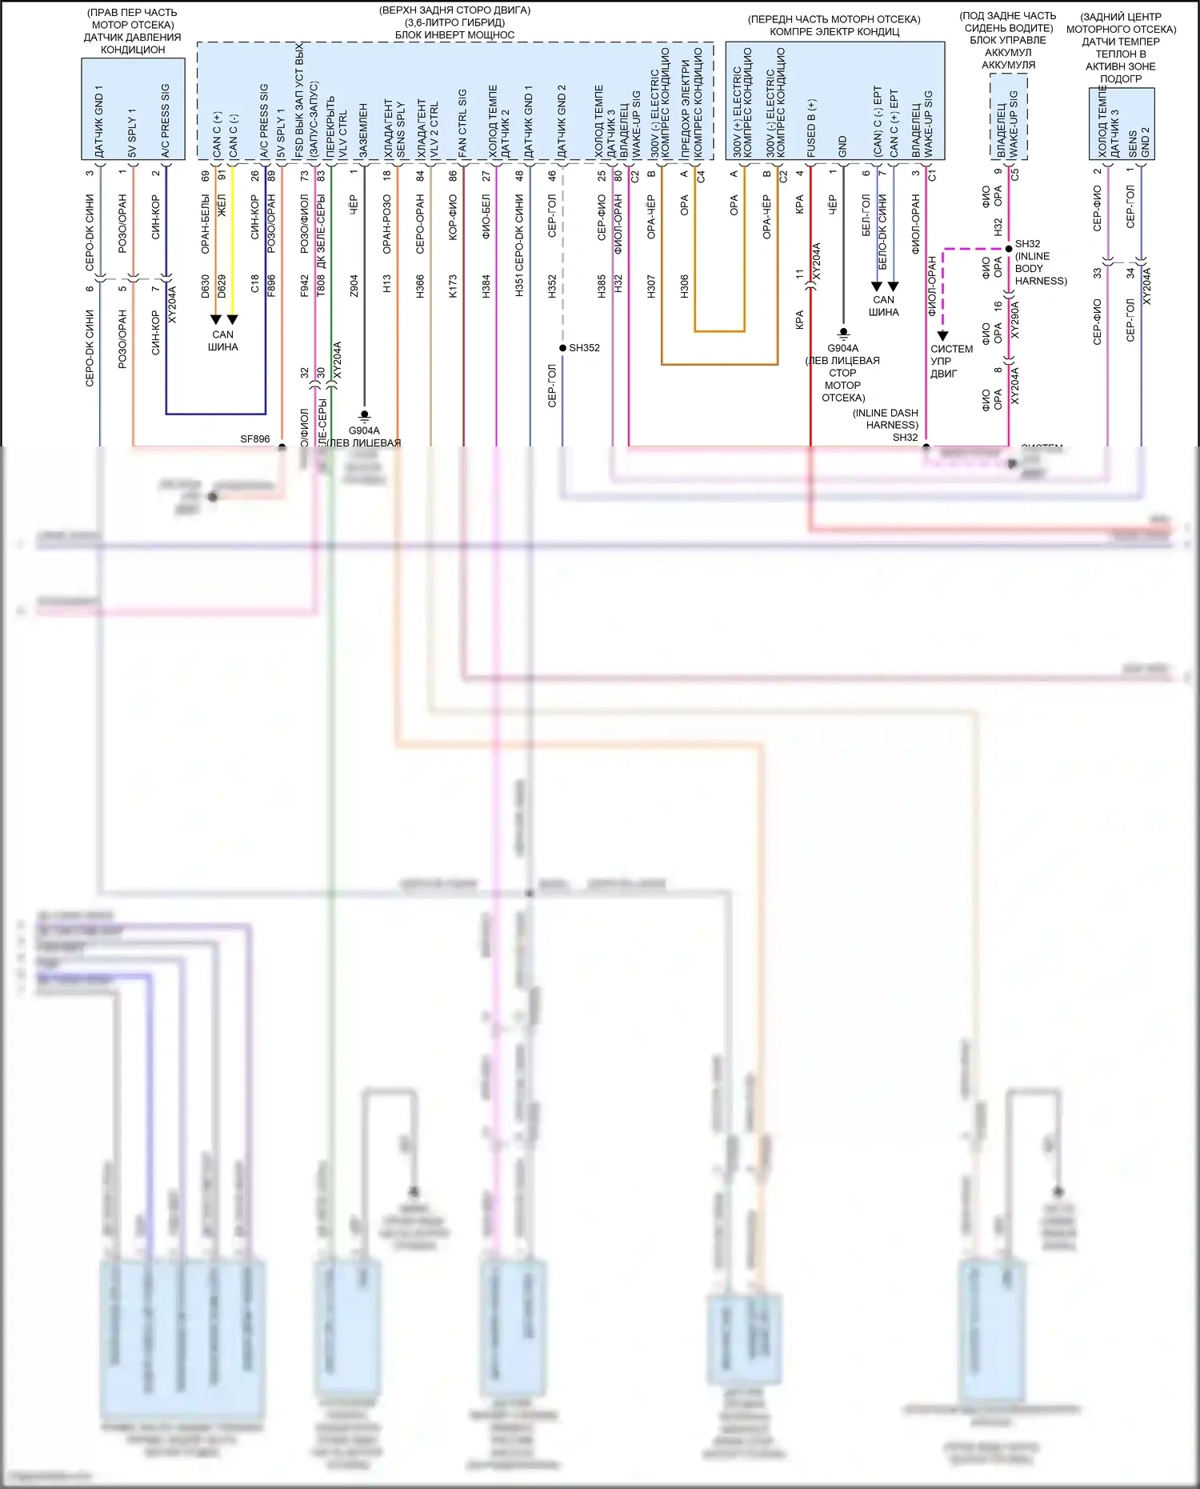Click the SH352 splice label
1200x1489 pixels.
[x=584, y=348]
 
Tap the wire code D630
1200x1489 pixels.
[x=206, y=286]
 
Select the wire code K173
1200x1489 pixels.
[x=453, y=286]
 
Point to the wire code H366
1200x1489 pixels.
[x=420, y=286]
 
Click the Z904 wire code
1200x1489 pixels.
[x=354, y=286]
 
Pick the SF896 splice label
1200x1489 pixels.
[x=255, y=439]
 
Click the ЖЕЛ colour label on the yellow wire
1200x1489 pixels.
[x=222, y=206]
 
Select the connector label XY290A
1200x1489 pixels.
[x=1015, y=319]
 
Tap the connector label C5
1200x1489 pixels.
[x=1015, y=174]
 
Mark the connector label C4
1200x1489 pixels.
[x=701, y=176]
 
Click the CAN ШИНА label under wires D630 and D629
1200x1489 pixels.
[x=223, y=341]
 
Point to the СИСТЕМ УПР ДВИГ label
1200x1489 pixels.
[x=951, y=361]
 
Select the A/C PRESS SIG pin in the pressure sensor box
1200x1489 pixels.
[x=165, y=120]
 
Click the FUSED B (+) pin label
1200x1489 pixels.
[x=811, y=128]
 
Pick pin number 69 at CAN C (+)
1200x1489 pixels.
[x=206, y=175]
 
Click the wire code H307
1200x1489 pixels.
[x=651, y=286]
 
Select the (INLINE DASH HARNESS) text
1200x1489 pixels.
[x=886, y=419]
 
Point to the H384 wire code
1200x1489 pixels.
[x=486, y=286]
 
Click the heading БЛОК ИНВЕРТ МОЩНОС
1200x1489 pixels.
[x=454, y=35]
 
